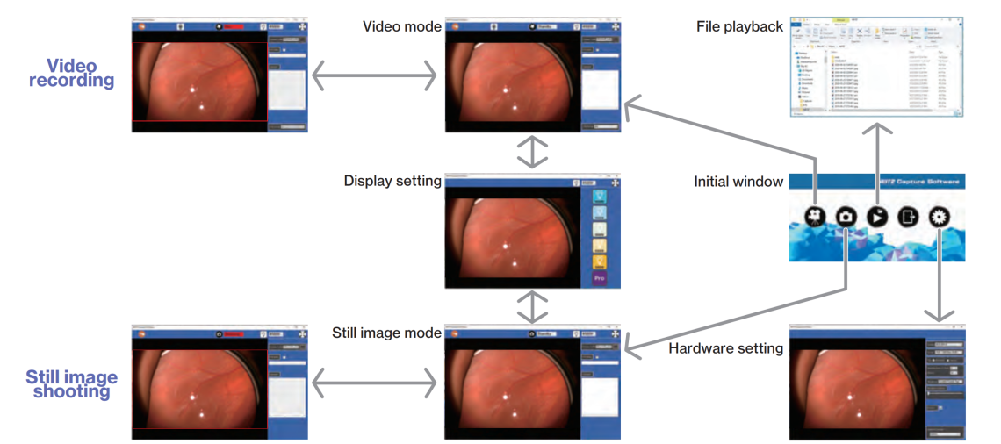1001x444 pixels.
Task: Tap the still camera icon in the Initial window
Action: [x=846, y=216]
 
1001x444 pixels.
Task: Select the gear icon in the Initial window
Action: [x=940, y=216]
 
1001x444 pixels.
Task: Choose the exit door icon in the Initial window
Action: [x=909, y=216]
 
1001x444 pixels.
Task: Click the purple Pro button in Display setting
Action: [x=600, y=278]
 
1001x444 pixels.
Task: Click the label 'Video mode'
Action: [x=402, y=26]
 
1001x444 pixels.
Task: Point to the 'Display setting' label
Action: [x=392, y=181]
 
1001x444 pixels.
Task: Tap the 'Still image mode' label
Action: [x=386, y=333]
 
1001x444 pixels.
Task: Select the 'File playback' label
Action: [x=739, y=26]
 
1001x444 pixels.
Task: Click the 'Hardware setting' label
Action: [x=725, y=348]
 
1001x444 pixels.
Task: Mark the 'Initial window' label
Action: [x=738, y=182]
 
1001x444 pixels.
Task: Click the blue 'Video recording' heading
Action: [x=71, y=73]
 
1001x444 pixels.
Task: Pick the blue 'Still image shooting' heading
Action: [x=71, y=384]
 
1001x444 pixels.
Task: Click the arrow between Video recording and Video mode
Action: [x=375, y=76]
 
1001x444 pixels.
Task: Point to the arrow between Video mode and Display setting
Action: [x=532, y=151]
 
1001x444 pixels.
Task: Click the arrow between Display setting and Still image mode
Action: [x=532, y=306]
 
